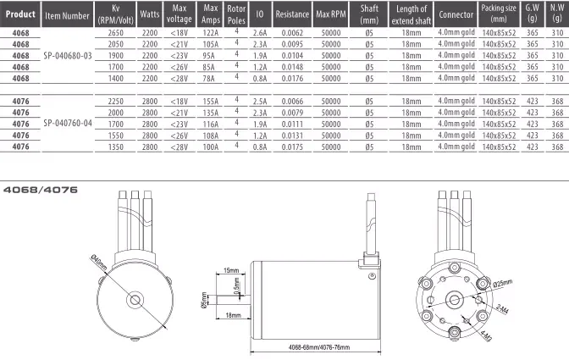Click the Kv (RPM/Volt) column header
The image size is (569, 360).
[116, 14]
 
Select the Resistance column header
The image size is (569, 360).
[292, 14]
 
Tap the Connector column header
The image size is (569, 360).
[456, 14]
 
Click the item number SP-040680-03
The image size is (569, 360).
[68, 56]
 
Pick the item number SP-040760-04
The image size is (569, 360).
[68, 124]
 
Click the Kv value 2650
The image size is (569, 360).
[116, 33]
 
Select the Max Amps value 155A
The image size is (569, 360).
[211, 102]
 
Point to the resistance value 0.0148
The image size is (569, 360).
[292, 67]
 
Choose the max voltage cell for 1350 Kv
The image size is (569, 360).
[180, 147]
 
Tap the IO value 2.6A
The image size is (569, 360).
[260, 33]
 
